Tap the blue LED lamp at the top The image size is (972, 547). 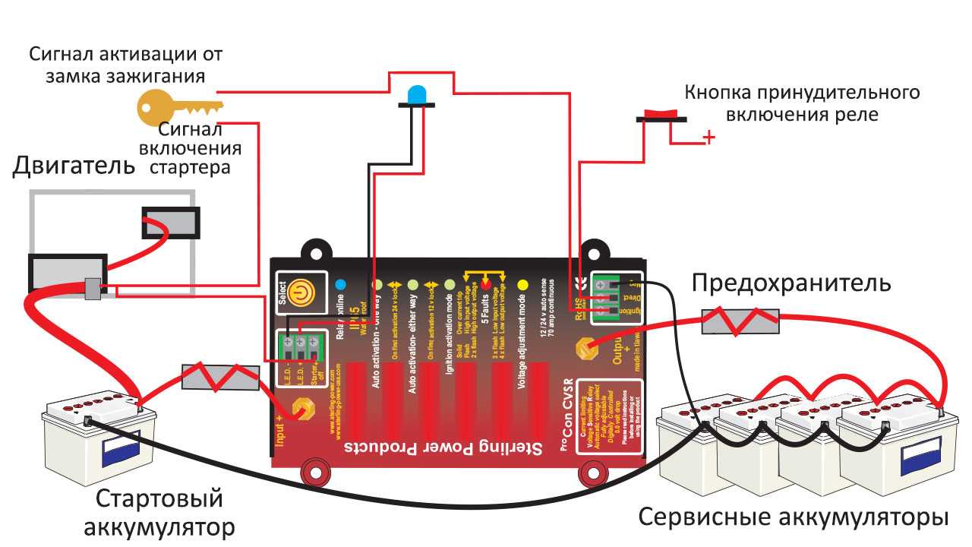(x=417, y=95)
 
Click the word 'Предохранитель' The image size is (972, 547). (x=791, y=284)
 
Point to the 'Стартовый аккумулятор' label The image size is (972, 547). (x=159, y=512)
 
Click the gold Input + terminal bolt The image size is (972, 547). (x=303, y=408)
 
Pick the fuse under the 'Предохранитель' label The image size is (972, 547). (x=740, y=321)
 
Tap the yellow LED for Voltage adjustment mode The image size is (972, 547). (x=522, y=285)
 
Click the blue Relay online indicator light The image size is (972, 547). (x=340, y=285)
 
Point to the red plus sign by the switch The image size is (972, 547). (x=708, y=138)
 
